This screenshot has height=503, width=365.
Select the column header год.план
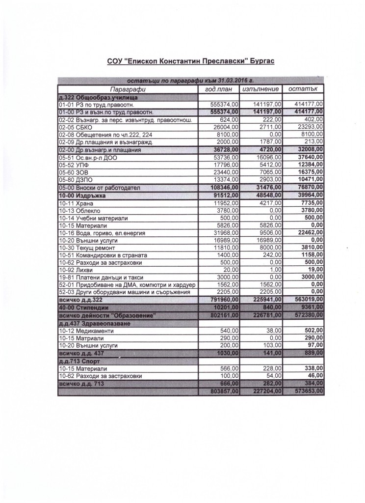pyautogui.click(x=217, y=89)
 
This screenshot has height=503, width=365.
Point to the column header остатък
pyautogui.click(x=304, y=89)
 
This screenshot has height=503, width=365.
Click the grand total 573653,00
pyautogui.click(x=306, y=391)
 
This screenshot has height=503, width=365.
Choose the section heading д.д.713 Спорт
pyautogui.click(x=76, y=361)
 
